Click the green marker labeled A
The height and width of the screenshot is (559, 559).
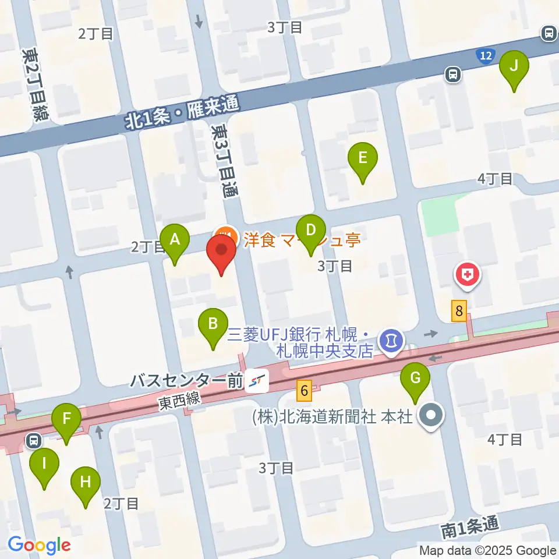click(174, 240)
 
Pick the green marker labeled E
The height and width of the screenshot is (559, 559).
click(363, 159)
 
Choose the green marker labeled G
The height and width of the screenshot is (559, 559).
click(415, 379)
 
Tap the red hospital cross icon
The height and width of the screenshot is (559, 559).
click(467, 274)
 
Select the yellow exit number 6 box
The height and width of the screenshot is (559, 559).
click(303, 390)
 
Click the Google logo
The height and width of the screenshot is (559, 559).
click(39, 544)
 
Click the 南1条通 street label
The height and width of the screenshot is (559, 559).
click(469, 528)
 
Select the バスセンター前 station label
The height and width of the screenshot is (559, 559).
click(185, 382)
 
